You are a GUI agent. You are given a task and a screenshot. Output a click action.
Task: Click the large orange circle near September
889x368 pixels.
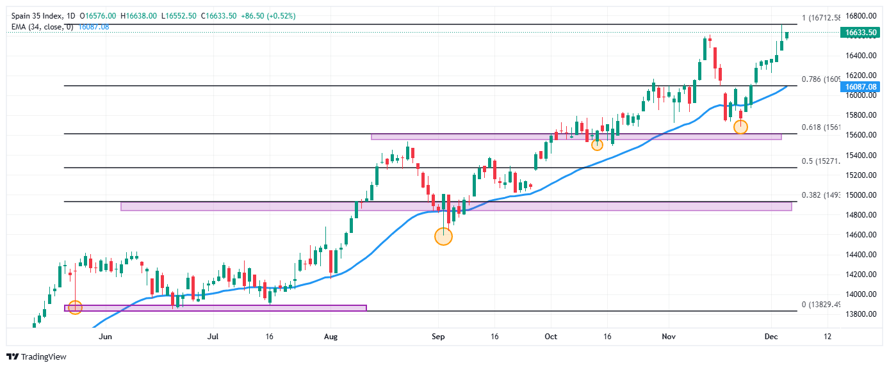443,237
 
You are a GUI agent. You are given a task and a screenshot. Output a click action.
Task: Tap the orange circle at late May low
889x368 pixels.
75,308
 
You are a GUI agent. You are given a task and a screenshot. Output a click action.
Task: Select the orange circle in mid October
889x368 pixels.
597,145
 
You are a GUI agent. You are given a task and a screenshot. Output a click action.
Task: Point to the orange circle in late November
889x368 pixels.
740,127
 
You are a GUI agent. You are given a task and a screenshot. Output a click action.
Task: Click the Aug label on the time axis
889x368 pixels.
330,336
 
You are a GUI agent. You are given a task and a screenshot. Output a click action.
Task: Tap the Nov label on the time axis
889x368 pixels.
669,336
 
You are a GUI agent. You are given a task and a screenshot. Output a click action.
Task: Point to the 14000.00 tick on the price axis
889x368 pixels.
858,294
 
